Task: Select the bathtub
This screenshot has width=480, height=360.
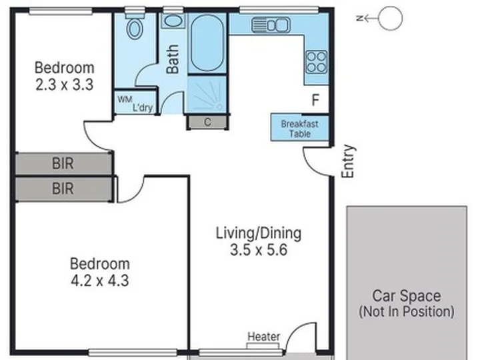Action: (x=207, y=43)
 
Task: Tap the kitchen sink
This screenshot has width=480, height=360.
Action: (x=271, y=25)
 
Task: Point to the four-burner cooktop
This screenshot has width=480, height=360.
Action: (x=317, y=62)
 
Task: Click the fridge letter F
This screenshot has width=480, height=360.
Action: (x=315, y=100)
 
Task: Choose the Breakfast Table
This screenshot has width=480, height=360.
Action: (x=300, y=127)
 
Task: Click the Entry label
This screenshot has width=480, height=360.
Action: (x=348, y=161)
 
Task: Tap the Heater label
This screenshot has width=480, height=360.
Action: (x=263, y=337)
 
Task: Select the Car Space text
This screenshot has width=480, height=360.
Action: (x=407, y=296)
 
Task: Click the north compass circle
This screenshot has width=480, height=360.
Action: (x=390, y=19)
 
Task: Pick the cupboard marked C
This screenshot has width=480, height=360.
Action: (x=207, y=123)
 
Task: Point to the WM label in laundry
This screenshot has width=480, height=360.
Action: (x=125, y=99)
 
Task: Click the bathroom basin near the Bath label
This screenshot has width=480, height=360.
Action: (x=173, y=21)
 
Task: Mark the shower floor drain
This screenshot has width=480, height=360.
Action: (x=219, y=107)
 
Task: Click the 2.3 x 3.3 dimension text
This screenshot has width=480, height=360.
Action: (x=64, y=85)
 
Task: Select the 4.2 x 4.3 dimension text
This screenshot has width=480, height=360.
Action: (x=100, y=281)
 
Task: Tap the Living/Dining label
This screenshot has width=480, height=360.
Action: (x=259, y=233)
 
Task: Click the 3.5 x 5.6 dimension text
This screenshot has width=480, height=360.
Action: (x=259, y=250)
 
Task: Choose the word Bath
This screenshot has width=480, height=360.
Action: (x=173, y=59)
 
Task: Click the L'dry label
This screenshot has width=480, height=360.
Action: (x=143, y=107)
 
